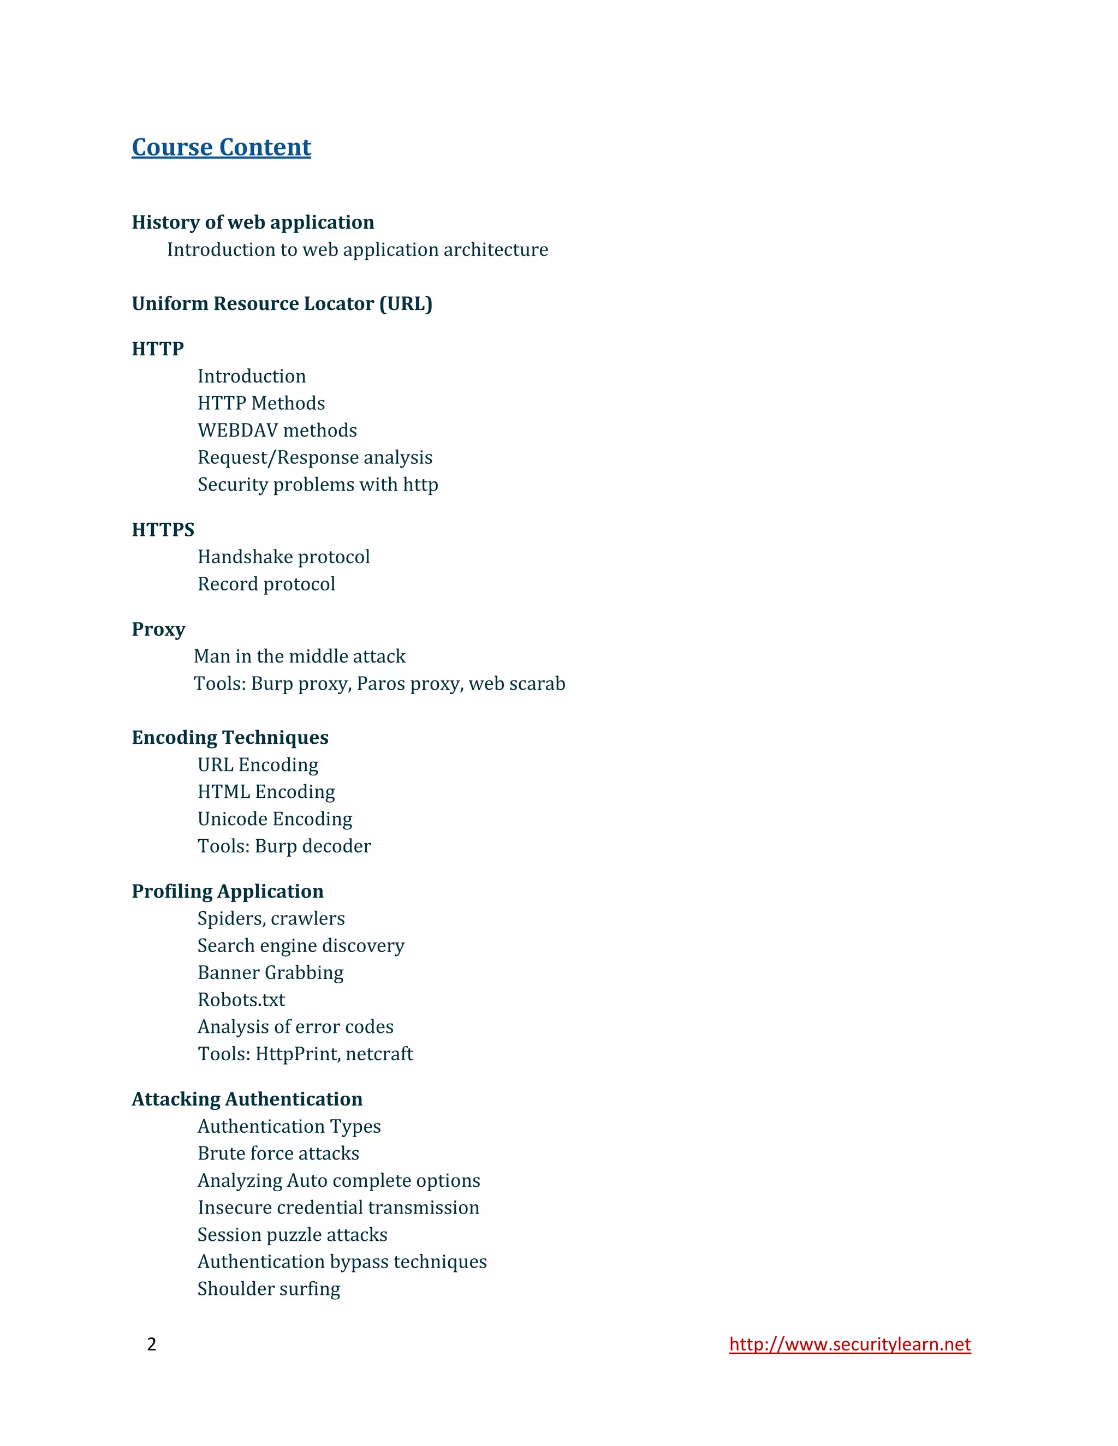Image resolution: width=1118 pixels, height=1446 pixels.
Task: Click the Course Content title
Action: point(221,147)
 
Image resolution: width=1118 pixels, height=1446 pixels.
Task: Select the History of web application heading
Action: point(252,223)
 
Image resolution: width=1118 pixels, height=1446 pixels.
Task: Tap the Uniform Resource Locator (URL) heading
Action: point(282,304)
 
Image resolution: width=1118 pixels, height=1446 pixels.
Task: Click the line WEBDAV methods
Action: point(277,431)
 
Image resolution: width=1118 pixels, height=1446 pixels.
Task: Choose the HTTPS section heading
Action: point(163,530)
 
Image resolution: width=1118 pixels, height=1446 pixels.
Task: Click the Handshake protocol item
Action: point(283,557)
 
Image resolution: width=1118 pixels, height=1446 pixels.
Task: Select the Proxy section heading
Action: point(158,629)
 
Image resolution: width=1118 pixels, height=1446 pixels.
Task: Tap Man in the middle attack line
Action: point(299,656)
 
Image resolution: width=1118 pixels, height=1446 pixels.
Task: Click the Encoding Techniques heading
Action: point(230,738)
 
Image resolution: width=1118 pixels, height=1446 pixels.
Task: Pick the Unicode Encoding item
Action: point(275,819)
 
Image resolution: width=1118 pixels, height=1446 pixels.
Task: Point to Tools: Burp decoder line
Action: point(284,846)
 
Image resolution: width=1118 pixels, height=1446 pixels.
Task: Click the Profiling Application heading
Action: point(227,891)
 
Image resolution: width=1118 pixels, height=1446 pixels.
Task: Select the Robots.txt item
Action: point(241,1000)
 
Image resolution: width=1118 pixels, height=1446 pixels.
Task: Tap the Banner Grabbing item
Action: point(270,972)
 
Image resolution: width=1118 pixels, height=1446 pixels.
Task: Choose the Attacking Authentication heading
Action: point(247,1099)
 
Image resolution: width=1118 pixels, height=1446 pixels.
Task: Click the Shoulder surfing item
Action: point(269,1288)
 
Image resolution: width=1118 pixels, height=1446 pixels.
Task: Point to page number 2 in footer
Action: point(152,1343)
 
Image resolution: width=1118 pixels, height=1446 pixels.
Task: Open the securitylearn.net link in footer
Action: point(850,1344)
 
